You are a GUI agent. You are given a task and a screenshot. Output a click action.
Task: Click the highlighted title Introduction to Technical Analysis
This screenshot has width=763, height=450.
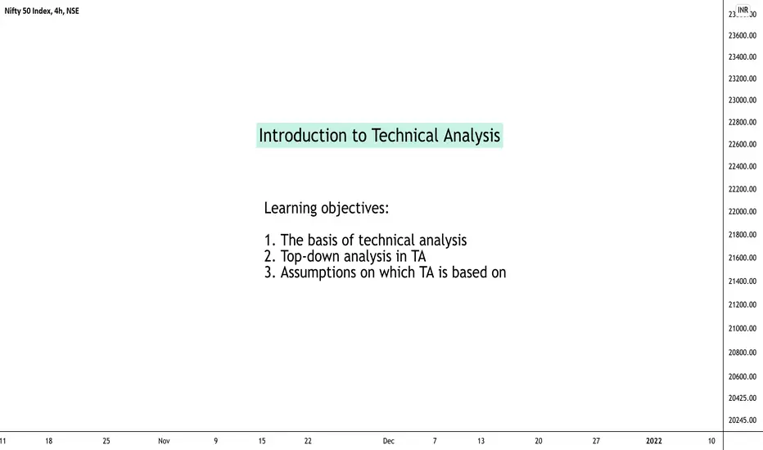pos(379,135)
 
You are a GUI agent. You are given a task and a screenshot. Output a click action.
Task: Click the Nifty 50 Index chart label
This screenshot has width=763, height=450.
pos(42,11)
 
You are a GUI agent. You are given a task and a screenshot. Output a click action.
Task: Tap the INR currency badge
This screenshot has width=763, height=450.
pos(743,10)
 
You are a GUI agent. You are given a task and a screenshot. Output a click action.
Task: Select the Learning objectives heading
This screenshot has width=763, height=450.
pos(327,208)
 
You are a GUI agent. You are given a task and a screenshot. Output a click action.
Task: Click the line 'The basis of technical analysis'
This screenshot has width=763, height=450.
pos(365,240)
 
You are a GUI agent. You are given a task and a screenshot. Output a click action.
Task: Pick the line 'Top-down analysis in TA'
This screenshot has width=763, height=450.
pos(345,256)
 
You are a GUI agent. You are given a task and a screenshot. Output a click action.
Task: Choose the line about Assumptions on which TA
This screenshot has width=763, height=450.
pos(385,272)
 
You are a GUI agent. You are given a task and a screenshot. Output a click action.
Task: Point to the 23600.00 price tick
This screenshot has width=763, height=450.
pos(742,35)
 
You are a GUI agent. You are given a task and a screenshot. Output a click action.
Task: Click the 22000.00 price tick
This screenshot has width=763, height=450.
pos(742,212)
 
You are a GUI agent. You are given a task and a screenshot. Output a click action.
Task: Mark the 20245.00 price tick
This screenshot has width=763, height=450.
pos(742,421)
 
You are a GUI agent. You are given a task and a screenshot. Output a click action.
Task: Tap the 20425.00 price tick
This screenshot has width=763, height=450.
pos(742,398)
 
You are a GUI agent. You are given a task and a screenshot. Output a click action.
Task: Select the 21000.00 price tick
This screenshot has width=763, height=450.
pos(742,328)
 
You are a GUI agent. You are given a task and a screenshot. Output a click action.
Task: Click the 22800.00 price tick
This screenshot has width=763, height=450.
pos(742,122)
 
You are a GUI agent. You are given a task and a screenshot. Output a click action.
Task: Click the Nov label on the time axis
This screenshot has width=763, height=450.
pos(164,441)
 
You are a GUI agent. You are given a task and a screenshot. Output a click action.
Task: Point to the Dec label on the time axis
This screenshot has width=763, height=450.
pos(388,441)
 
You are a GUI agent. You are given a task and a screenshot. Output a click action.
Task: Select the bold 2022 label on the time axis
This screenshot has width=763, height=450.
pos(653,441)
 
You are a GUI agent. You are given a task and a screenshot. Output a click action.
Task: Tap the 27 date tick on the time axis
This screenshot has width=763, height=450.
pos(596,441)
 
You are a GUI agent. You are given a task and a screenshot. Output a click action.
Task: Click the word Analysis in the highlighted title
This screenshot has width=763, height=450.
pos(472,135)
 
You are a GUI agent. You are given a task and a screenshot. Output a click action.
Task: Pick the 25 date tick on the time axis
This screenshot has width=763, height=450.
pos(106,441)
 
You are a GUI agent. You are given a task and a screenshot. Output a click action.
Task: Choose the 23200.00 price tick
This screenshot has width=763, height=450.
pos(742,79)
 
